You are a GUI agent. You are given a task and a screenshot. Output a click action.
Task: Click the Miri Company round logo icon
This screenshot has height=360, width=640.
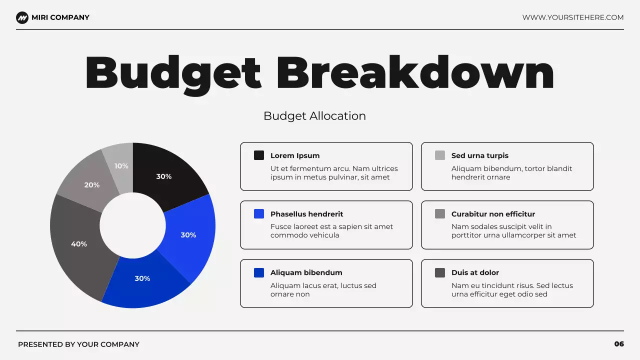(22, 17)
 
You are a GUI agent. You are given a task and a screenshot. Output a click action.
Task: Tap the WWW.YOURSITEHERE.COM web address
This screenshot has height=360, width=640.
(573, 17)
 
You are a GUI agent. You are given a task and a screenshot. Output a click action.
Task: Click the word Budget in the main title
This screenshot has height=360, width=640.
(173, 73)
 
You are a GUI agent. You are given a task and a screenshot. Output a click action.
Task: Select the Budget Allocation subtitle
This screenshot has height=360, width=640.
(314, 116)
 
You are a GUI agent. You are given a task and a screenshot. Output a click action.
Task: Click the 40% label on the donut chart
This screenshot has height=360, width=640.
(79, 244)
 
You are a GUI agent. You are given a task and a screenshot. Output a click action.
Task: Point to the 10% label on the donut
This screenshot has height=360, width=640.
(121, 166)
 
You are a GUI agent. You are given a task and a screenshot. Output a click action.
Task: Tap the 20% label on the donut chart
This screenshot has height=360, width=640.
(92, 185)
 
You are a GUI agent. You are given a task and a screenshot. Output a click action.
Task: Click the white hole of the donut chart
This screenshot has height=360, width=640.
(132, 225)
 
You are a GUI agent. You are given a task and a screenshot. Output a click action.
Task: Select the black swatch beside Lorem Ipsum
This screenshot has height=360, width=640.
(259, 155)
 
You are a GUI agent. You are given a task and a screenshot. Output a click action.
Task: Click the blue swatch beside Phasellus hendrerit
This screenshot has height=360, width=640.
(259, 214)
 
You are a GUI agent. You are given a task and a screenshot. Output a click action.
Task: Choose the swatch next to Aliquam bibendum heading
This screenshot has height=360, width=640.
(259, 272)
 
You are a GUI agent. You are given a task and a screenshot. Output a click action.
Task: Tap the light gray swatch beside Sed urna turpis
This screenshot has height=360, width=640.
(440, 155)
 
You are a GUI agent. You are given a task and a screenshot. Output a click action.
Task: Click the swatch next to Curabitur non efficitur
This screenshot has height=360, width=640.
(440, 214)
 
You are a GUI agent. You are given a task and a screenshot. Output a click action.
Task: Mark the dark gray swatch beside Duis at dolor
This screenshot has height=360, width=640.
(440, 272)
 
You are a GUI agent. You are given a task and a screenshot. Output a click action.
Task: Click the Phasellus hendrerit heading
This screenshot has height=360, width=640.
(306, 214)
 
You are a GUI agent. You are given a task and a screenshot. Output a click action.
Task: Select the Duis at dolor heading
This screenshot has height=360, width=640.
(475, 272)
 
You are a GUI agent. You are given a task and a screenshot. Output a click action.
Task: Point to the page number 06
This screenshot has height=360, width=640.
(619, 344)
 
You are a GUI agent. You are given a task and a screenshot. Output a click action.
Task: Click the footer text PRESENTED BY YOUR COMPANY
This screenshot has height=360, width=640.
(78, 344)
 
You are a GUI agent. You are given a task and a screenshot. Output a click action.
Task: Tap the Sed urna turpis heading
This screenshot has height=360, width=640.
(479, 155)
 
